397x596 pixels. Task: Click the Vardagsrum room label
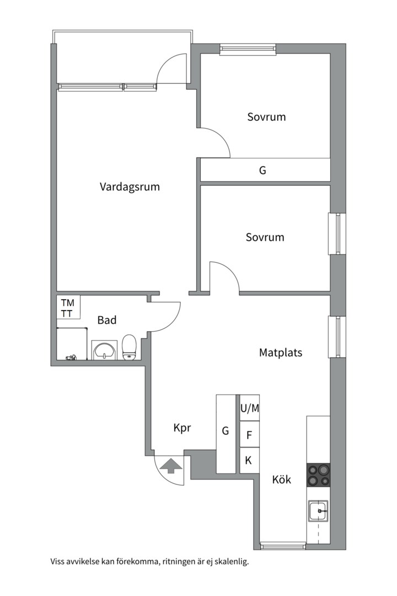coord(130,187)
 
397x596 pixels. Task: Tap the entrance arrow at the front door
coord(170,465)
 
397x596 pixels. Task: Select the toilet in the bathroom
coord(129,347)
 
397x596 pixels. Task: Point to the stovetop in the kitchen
coord(318,475)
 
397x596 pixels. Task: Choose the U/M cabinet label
coord(250,408)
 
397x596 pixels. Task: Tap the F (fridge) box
coord(250,434)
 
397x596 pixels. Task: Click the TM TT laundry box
coord(68,307)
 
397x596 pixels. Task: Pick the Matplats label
coord(281,353)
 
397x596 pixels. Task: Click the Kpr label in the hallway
coord(182,428)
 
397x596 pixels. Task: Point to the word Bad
coord(107,320)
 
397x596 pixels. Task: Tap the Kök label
coord(282,480)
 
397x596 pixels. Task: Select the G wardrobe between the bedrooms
coord(265,170)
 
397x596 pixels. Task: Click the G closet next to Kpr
coord(226,434)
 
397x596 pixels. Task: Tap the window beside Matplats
coord(337,337)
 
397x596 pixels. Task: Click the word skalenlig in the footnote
coord(232,562)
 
